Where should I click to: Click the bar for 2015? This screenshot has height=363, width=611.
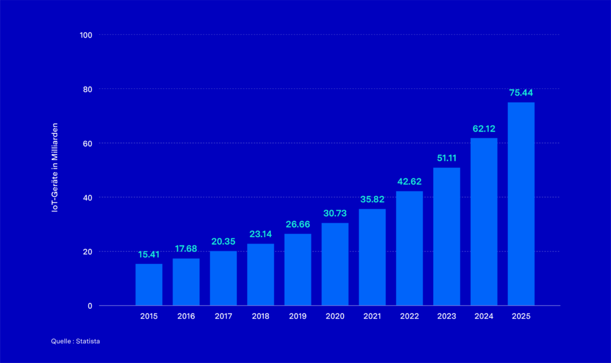149,285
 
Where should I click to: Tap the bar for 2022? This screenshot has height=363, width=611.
409,248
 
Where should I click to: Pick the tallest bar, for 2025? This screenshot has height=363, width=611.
521,204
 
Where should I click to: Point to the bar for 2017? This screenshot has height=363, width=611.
223,278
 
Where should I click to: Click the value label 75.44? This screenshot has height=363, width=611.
521,93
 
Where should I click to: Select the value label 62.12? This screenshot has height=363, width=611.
484,128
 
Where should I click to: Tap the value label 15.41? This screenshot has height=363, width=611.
149,254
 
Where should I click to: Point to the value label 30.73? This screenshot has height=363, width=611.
335,213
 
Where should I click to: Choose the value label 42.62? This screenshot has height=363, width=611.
409,181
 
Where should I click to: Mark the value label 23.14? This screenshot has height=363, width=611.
260,234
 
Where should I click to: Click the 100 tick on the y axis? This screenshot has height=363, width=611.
86,35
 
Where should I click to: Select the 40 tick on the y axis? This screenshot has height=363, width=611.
88,198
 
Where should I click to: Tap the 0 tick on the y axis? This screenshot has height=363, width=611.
90,306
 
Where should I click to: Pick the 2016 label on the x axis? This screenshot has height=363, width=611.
186,316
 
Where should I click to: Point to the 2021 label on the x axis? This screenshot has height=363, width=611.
372,316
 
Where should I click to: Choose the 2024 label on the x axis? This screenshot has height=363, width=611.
484,316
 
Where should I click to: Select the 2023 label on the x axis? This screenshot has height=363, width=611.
446,316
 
